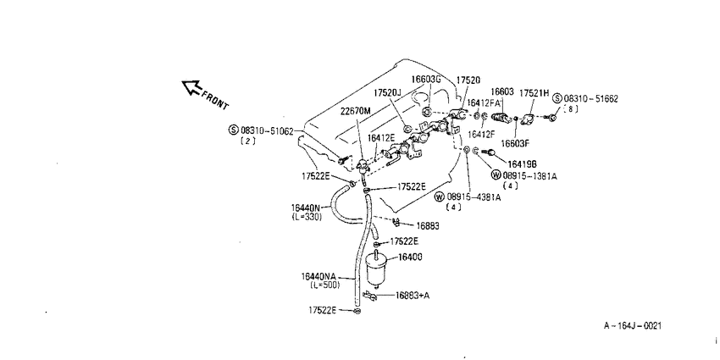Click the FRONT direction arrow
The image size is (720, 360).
[x=192, y=87]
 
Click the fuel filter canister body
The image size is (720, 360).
[x=377, y=269]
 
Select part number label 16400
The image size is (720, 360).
[x=410, y=257]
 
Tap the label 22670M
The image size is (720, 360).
[x=356, y=111]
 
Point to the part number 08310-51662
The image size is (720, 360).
[x=590, y=98]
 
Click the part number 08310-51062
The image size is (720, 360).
[x=267, y=130]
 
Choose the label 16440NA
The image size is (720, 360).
[x=318, y=276]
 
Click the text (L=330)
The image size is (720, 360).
[x=307, y=217]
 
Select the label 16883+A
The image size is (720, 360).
[x=412, y=296]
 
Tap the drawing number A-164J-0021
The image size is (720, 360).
[x=633, y=325]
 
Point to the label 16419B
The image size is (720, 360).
[x=523, y=163]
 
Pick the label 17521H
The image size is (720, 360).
[x=534, y=93]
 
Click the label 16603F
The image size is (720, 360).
[x=515, y=143]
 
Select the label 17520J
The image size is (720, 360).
[x=387, y=93]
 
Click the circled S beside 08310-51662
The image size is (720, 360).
[x=557, y=98]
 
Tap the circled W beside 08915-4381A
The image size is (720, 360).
[x=440, y=197]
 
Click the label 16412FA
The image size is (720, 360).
[x=484, y=102]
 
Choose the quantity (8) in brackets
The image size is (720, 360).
[x=570, y=108]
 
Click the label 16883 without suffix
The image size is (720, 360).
[x=428, y=225]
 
